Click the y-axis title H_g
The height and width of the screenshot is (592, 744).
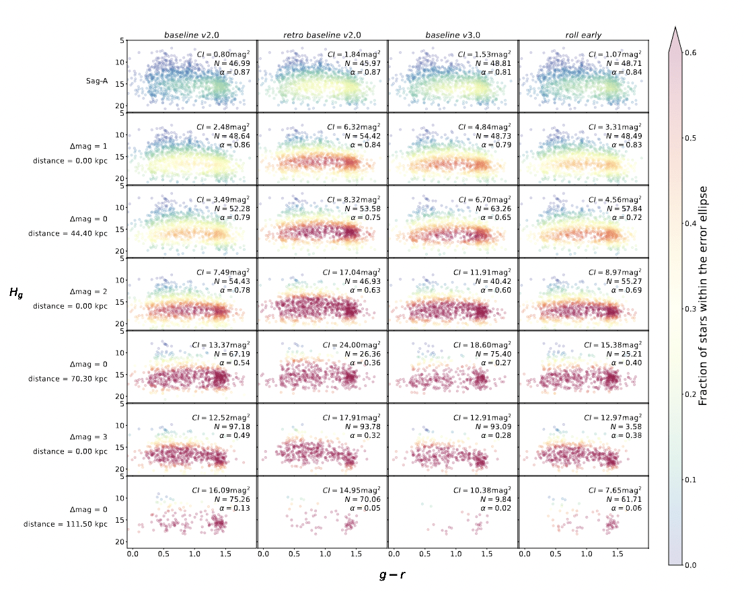[15, 292]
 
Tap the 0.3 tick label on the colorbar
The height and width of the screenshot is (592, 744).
[690, 309]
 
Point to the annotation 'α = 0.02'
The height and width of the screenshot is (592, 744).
[494, 511]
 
